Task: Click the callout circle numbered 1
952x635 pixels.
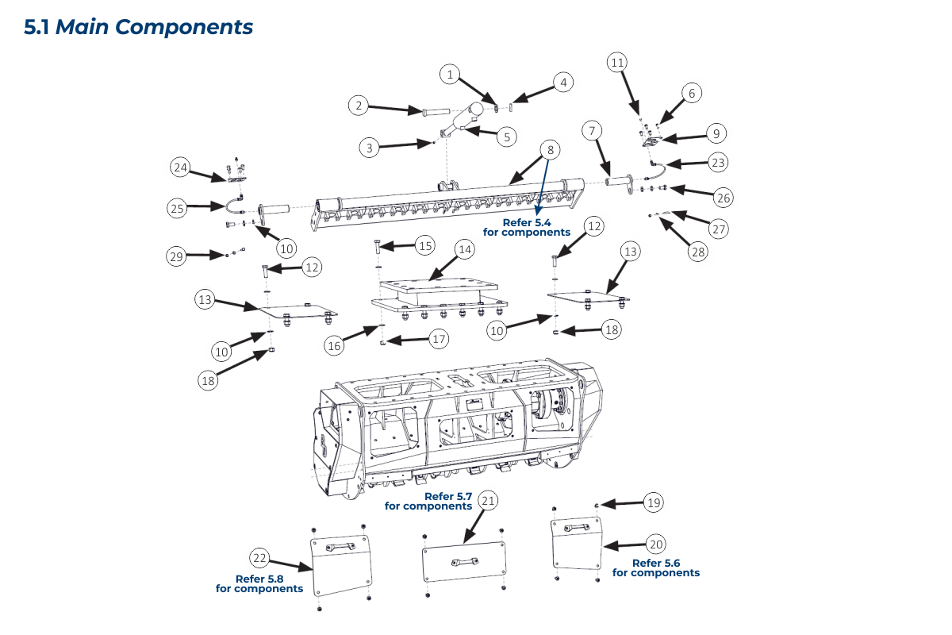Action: [x=451, y=75]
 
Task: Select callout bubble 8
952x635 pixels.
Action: [x=550, y=149]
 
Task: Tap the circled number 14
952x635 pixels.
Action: [x=463, y=249]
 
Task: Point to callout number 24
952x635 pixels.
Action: [x=181, y=167]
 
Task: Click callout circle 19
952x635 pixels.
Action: [x=654, y=502]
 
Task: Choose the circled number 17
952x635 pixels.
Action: [x=437, y=339]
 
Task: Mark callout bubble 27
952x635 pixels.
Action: [x=719, y=230]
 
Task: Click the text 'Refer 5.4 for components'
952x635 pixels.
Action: [x=527, y=228]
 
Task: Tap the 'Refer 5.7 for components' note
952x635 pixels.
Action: [x=428, y=502]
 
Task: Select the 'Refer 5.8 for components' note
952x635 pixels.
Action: [x=259, y=584]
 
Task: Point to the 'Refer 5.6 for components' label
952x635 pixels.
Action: [x=656, y=568]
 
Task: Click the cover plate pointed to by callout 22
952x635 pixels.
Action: [x=341, y=565]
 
